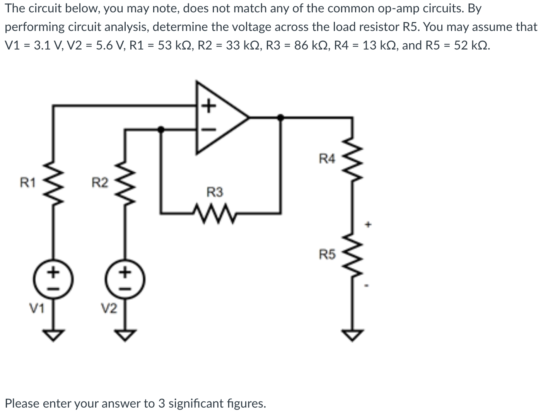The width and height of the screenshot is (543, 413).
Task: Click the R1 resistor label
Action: [x=28, y=182]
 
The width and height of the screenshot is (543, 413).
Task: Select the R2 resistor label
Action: [x=100, y=182]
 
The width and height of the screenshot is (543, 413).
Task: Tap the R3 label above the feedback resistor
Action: [x=215, y=192]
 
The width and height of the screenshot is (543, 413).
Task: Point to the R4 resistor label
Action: [x=327, y=158]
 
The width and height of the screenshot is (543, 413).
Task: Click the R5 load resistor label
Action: [x=327, y=254]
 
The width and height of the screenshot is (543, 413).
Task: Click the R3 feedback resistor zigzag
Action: [x=215, y=212]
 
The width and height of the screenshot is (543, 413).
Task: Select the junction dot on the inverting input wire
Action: [x=161, y=130]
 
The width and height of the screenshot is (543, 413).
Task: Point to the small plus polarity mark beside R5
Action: [x=369, y=224]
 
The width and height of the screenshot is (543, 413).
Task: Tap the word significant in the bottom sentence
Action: [x=197, y=403]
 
